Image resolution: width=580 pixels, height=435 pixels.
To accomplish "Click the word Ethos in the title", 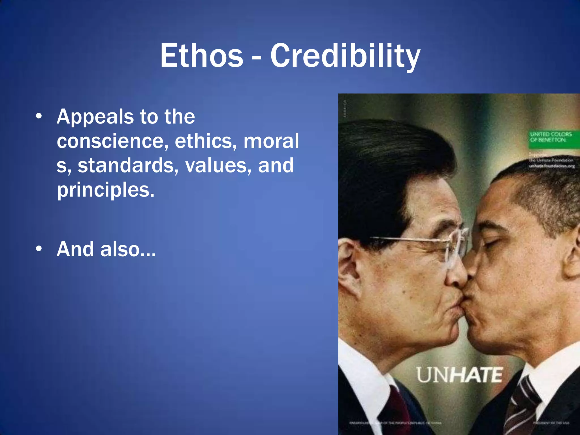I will pos(202,56).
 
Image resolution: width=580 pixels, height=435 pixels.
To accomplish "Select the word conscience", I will pos(111,141).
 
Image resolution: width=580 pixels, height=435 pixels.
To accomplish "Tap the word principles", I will pos(106,190).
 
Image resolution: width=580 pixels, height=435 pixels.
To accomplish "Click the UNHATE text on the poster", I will pos(459,375).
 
